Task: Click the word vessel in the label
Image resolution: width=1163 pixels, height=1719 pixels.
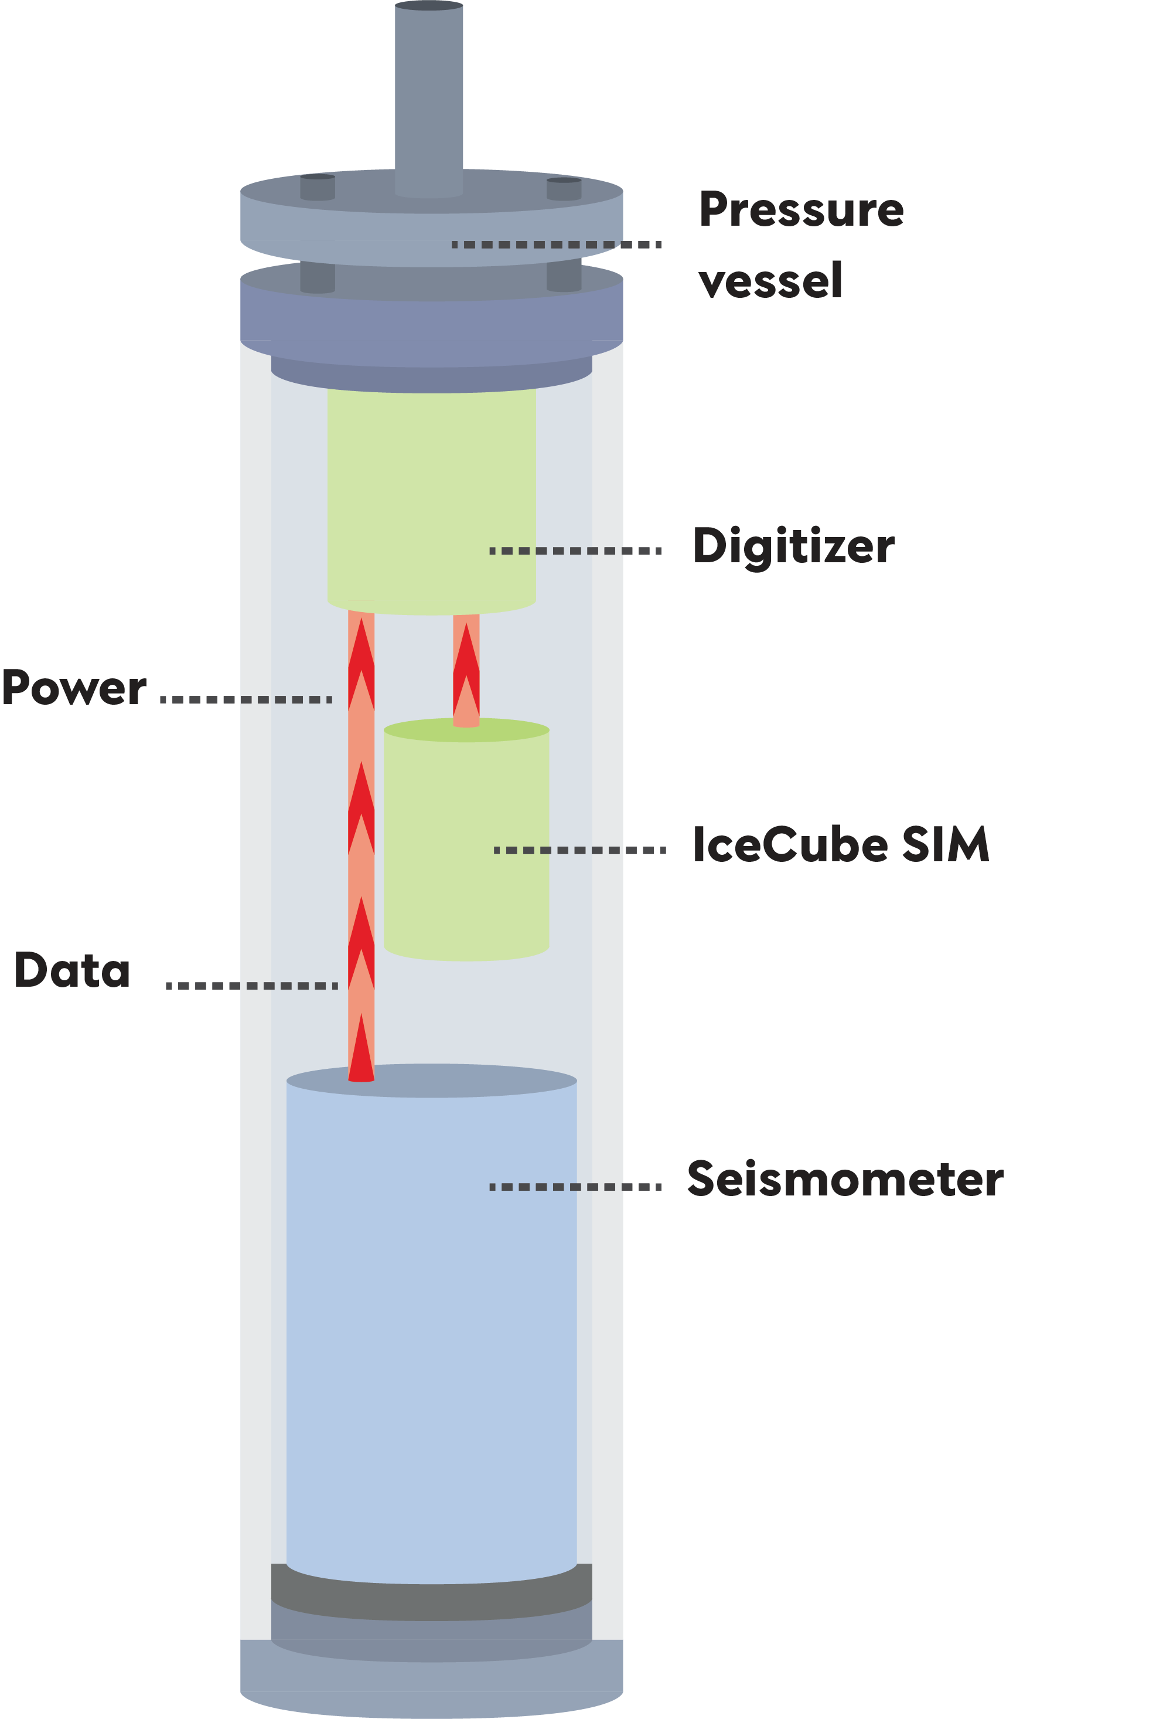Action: [x=770, y=281]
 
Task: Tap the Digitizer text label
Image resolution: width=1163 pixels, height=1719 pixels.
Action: [x=793, y=546]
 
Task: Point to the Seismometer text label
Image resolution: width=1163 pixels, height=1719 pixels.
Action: [x=844, y=1179]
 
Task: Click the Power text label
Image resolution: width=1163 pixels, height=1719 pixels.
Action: [x=74, y=688]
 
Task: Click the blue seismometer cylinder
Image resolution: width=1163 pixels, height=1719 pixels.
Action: [x=431, y=1331]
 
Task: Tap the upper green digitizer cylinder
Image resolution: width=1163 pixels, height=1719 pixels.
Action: [x=431, y=495]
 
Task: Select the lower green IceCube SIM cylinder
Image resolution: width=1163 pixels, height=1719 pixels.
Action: [x=466, y=843]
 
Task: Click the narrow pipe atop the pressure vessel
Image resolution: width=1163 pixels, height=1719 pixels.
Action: [x=429, y=96]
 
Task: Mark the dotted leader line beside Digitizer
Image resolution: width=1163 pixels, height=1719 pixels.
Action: [x=575, y=551]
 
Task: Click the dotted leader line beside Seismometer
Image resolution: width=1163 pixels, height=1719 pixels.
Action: [x=575, y=1187]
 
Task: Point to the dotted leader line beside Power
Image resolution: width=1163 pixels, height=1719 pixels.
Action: [x=245, y=699]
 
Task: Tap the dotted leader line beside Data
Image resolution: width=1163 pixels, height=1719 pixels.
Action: [x=251, y=985]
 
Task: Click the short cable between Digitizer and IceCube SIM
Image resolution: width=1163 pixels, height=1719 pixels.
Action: [x=466, y=670]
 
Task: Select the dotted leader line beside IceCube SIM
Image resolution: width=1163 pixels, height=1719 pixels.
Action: [x=579, y=851]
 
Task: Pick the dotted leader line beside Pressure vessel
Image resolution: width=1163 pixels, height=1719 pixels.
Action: [x=556, y=244]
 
